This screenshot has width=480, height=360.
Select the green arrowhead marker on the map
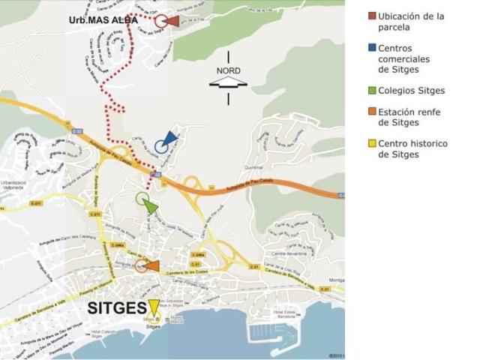(151, 205)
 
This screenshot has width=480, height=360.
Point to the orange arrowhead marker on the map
(151, 265)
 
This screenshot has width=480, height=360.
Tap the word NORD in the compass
(229, 70)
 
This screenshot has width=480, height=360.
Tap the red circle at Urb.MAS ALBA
(160, 21)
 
